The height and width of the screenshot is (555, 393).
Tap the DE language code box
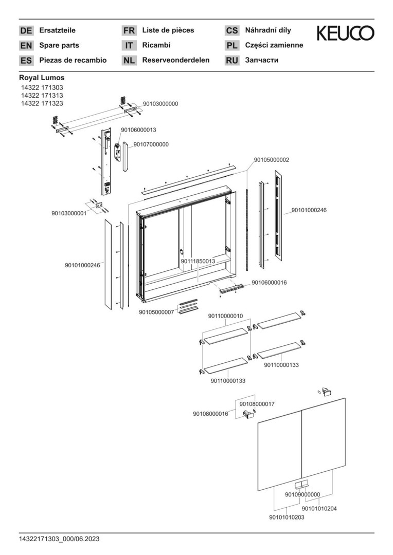(26, 31)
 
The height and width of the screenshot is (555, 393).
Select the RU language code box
(232, 61)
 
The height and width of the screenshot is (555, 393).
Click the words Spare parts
(59, 45)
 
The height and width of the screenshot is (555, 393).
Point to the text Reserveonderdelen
(175, 60)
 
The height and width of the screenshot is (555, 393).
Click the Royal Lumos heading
(42, 78)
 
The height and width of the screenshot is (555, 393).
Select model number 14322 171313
(41, 96)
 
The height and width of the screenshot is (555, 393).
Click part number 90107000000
(151, 144)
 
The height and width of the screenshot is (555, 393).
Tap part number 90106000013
(138, 129)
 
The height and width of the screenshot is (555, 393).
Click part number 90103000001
(69, 213)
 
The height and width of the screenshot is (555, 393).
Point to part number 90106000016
(269, 283)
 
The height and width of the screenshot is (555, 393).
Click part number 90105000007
(156, 312)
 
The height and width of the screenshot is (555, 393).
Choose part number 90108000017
(257, 404)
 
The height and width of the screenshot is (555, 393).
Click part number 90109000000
(302, 495)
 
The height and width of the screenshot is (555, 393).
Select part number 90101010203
(287, 517)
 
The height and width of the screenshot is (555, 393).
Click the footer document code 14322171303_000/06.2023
(59, 539)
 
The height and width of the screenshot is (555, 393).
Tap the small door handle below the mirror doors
(300, 485)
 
